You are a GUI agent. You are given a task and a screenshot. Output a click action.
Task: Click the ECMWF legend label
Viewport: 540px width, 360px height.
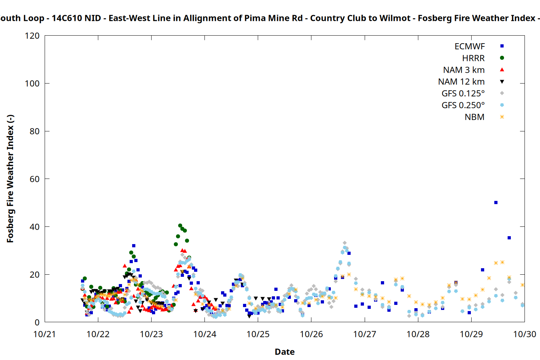coord(469,46)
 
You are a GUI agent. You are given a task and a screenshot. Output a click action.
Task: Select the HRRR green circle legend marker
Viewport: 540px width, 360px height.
coord(502,58)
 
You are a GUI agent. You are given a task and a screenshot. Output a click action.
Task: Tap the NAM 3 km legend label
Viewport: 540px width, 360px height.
coord(464,70)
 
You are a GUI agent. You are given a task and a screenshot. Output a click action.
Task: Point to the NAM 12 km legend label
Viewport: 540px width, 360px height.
coord(461,82)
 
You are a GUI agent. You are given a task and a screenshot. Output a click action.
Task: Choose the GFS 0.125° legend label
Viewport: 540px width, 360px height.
coord(463,94)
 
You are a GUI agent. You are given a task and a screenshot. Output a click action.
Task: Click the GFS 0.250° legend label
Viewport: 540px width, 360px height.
coord(463,105)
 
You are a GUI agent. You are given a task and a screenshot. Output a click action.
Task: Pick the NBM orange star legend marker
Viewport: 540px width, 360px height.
coord(502,117)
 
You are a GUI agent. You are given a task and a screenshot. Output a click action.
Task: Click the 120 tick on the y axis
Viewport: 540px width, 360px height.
coord(32,36)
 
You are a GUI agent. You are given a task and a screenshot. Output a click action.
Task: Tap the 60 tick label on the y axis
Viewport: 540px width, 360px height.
coord(35,179)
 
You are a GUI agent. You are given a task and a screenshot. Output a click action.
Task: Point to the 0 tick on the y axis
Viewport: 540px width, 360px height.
coord(37,322)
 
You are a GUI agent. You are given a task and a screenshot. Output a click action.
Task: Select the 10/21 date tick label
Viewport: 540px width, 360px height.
coord(45,334)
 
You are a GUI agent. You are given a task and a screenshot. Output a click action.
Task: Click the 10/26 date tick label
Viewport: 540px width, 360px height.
coord(311,334)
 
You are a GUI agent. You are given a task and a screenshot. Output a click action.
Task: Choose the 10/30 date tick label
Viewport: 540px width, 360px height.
coord(525,334)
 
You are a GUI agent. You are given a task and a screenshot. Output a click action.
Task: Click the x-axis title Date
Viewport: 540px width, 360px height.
coord(284,352)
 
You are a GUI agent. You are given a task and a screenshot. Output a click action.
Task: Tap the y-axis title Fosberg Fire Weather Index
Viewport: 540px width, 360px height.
coord(10,179)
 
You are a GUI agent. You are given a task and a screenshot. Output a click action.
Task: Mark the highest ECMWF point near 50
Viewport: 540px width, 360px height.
coord(496,203)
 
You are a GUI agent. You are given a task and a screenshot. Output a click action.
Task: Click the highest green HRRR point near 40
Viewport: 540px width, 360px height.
coord(180,226)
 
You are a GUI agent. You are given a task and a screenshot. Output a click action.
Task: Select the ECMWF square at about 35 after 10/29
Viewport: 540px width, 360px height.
coord(509,238)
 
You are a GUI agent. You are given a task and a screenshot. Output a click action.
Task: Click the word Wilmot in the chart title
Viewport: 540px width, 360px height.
coord(397,18)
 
